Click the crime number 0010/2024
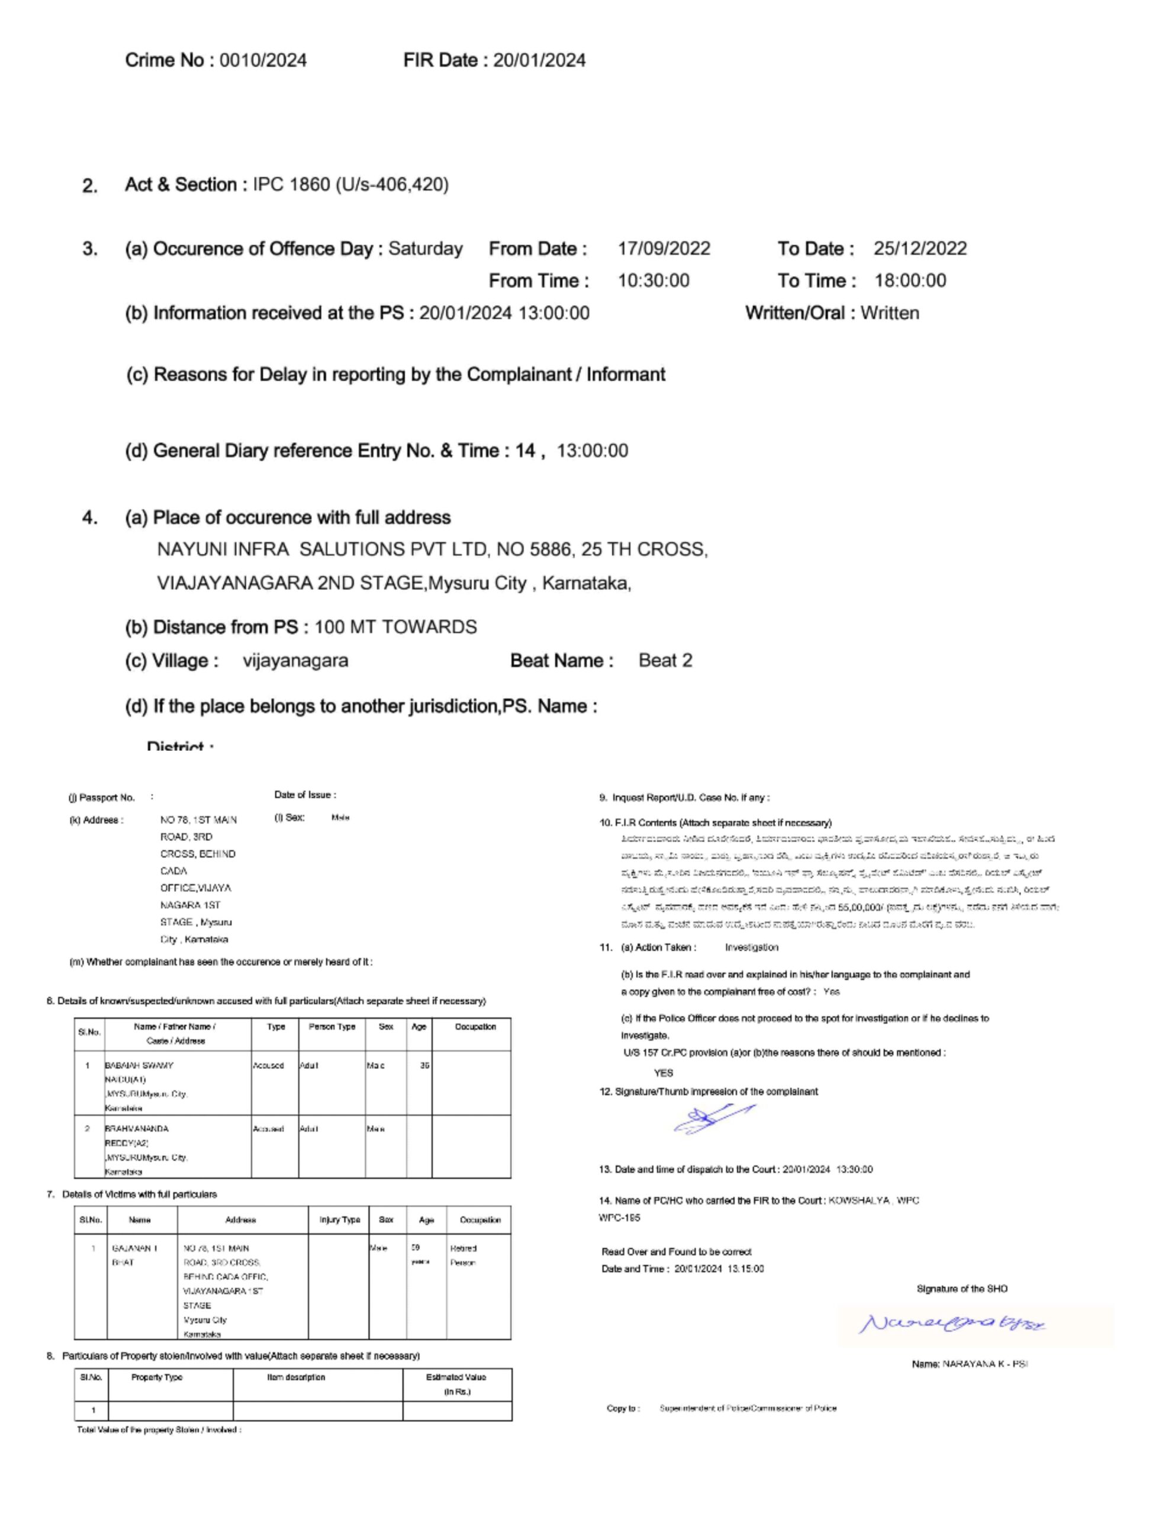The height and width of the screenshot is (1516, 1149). pos(263,60)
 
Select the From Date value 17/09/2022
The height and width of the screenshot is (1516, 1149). pos(664,248)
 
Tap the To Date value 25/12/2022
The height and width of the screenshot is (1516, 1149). pos(919,248)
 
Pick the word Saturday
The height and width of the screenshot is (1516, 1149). pos(426,248)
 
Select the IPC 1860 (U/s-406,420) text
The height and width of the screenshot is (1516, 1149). pos(351,184)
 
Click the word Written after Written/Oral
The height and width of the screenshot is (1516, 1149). pos(889,313)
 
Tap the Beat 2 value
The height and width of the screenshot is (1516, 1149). pos(665,661)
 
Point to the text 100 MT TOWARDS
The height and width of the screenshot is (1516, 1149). pos(395,627)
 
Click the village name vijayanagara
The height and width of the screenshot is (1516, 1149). pos(295,661)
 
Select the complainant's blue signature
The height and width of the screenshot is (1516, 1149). pos(713,1120)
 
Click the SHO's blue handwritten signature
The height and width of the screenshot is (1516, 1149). pos(952,1324)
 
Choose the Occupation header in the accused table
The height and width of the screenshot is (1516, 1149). pos(475,1027)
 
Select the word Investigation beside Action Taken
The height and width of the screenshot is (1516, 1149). pos(752,947)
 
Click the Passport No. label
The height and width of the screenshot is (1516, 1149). pos(101,798)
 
